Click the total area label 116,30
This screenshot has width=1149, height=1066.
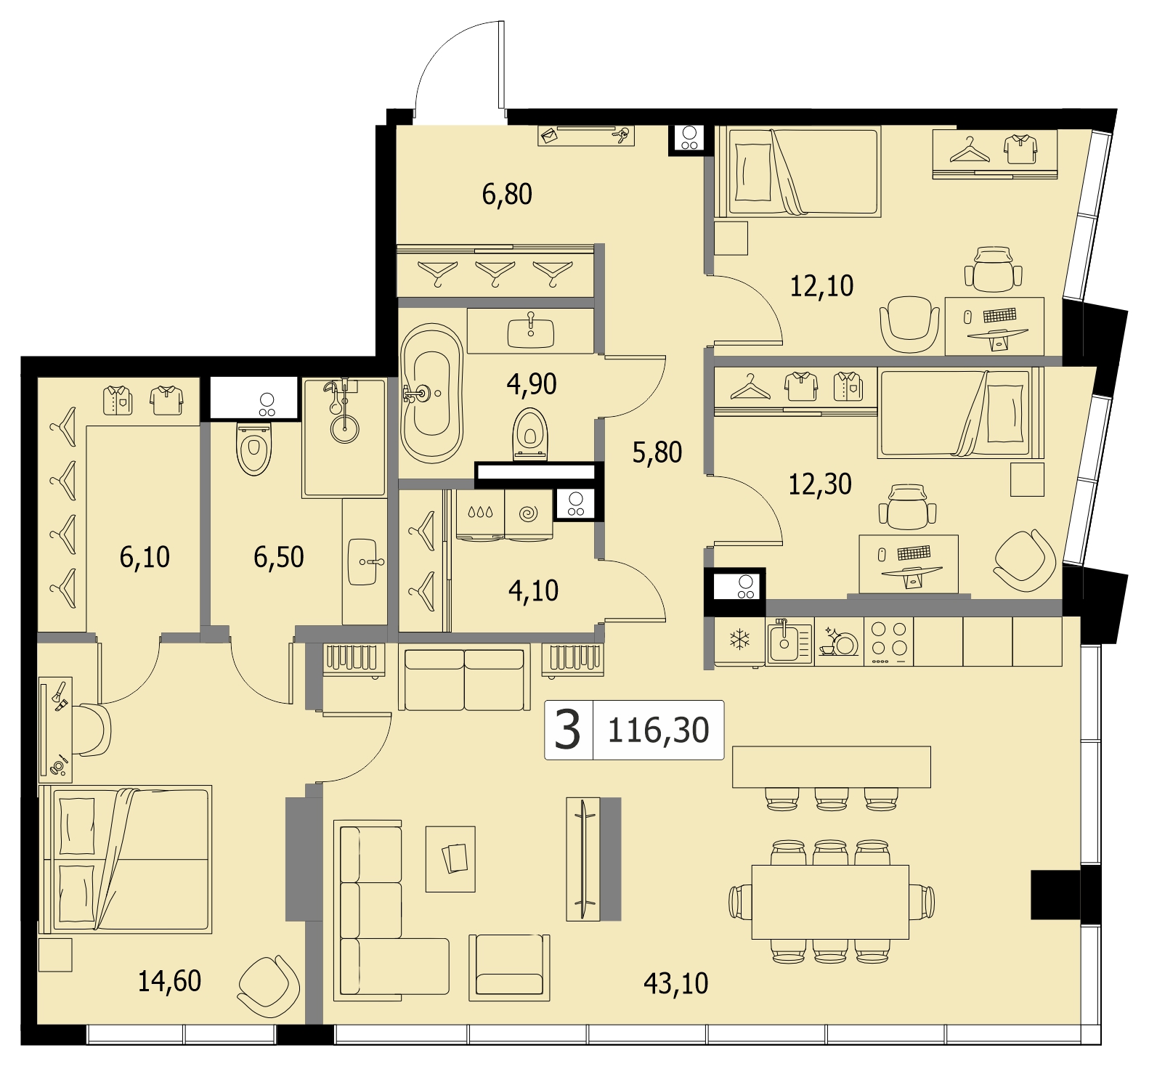[x=658, y=730]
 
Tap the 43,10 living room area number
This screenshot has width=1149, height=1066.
[x=675, y=983]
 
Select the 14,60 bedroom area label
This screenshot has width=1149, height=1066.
[x=169, y=981]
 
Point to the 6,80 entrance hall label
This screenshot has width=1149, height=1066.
[x=507, y=194]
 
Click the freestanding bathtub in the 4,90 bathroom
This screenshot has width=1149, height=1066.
[x=432, y=394]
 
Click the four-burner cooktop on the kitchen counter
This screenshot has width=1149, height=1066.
[x=889, y=641]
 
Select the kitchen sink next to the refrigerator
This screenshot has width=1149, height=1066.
[x=789, y=642]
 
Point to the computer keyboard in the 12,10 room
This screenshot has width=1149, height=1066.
[x=999, y=315]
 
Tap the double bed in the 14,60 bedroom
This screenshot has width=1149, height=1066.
[x=126, y=858]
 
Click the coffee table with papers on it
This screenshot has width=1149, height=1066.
[x=450, y=858]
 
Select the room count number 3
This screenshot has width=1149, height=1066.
[x=567, y=730]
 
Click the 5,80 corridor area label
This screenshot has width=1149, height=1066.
[x=657, y=452]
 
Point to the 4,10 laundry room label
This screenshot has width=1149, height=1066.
[x=534, y=591]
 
